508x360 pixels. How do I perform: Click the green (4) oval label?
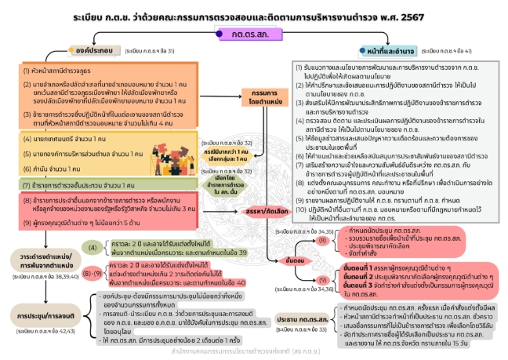tap(93, 248)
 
